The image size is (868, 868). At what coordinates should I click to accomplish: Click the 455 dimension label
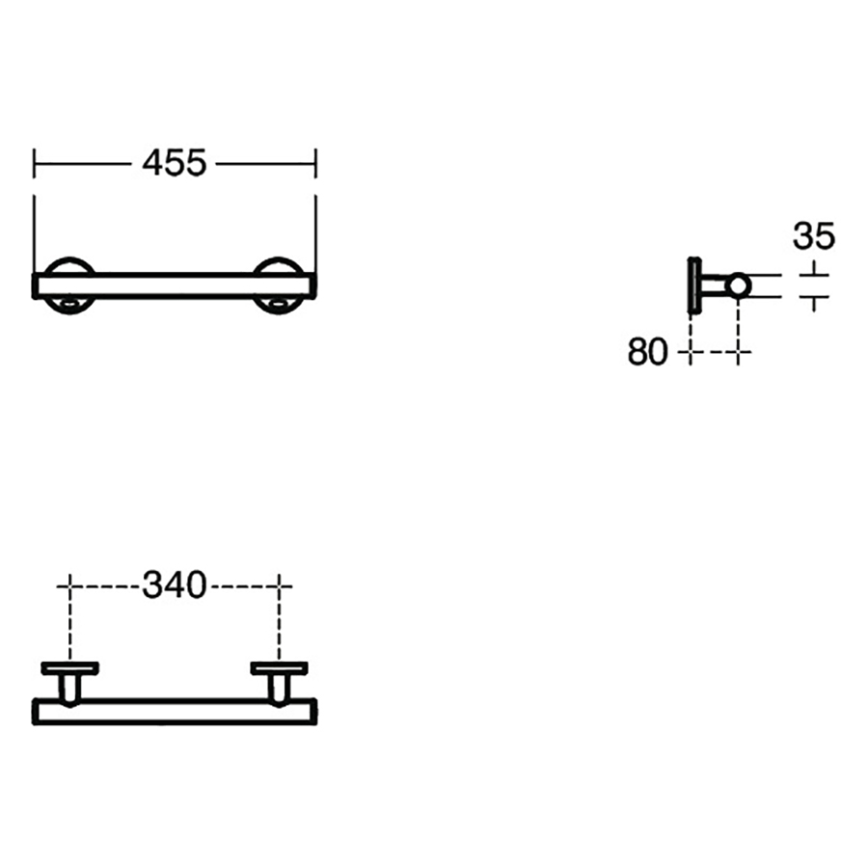(x=175, y=163)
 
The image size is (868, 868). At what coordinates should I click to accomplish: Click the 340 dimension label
(x=175, y=584)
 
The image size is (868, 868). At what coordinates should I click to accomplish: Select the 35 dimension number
(x=814, y=235)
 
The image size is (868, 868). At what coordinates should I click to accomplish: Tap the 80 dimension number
(x=647, y=353)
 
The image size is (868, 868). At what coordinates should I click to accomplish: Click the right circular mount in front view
(x=281, y=285)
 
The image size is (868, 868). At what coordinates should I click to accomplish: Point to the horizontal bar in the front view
(x=175, y=285)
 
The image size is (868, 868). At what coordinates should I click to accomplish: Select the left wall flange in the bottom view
(x=69, y=667)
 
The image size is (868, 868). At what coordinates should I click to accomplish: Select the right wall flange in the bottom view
(x=279, y=667)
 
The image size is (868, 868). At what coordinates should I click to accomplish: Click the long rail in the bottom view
(x=175, y=711)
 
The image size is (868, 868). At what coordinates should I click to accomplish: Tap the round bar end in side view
(x=738, y=285)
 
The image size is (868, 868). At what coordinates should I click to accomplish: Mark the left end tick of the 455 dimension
(x=35, y=163)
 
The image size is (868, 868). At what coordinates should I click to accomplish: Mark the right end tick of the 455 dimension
(x=315, y=163)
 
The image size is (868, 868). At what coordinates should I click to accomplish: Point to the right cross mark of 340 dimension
(x=280, y=584)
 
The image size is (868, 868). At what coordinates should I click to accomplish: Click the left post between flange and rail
(x=69, y=687)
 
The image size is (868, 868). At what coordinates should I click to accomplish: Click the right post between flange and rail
(x=279, y=687)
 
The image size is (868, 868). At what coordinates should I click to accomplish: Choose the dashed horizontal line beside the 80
(x=715, y=354)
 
